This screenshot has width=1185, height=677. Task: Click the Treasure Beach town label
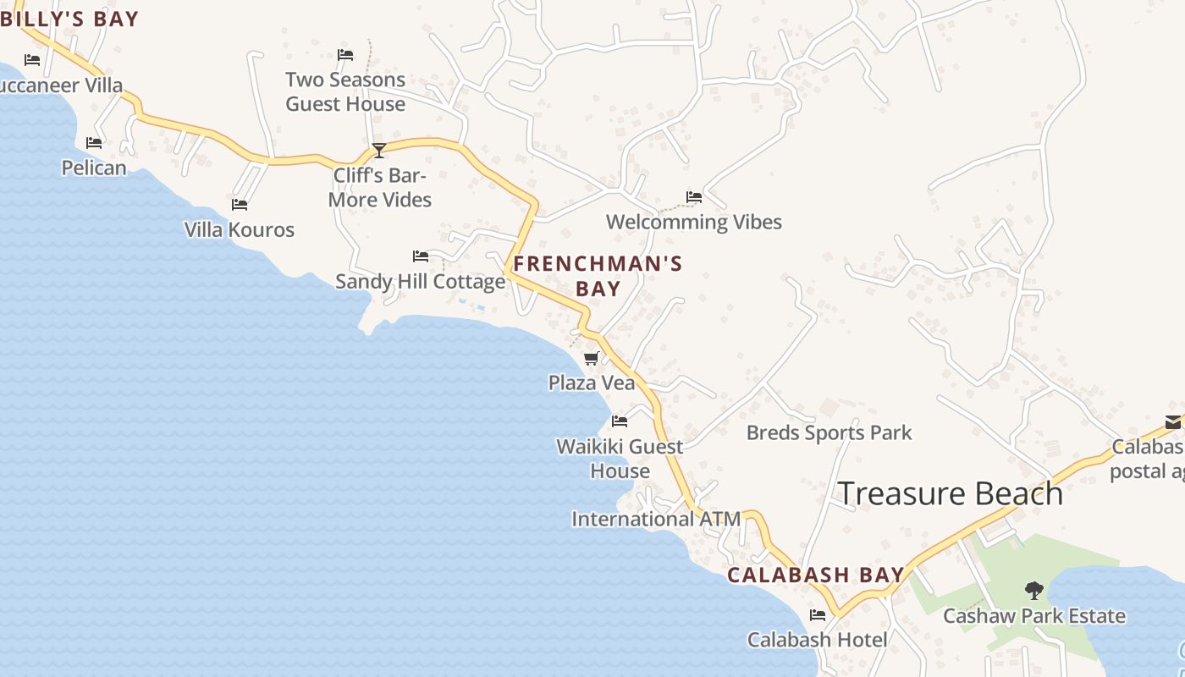950,493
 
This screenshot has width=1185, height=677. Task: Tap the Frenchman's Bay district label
598,276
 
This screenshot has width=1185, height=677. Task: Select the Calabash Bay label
816,575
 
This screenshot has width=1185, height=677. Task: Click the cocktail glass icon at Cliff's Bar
379,151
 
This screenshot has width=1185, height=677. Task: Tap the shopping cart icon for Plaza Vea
592,359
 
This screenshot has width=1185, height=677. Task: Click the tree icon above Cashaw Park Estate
1033,591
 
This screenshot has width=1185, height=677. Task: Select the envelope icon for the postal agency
1172,421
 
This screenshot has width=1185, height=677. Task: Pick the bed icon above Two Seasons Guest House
345,55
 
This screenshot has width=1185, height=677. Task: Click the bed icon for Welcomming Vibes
694,197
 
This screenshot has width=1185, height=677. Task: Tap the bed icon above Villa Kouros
240,205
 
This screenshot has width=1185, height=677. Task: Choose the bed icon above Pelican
94,143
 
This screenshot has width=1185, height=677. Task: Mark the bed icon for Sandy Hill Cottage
421,256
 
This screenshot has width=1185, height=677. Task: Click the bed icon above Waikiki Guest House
620,421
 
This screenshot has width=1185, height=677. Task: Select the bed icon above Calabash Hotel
818,615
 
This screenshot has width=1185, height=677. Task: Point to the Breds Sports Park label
829,433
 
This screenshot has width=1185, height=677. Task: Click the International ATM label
656,519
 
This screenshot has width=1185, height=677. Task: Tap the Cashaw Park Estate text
1034,616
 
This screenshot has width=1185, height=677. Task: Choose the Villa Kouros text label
240,229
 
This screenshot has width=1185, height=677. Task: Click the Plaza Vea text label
592,383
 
